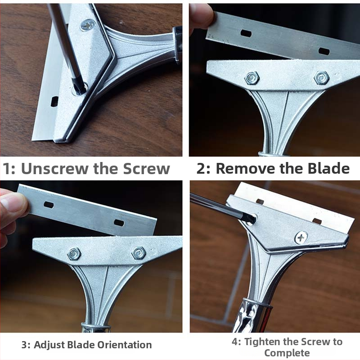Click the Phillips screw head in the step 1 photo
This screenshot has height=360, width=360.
[88, 25]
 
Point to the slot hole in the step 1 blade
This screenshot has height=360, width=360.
[54, 101]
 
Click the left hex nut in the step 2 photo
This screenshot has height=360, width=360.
[252, 77]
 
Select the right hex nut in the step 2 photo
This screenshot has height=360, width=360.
[321, 77]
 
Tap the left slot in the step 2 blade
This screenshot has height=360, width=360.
[246, 34]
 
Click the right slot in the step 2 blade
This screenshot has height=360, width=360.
[324, 51]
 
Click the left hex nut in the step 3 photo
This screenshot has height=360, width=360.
[74, 254]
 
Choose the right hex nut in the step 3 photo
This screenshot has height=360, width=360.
[139, 253]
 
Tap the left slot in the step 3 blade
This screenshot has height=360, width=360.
[49, 205]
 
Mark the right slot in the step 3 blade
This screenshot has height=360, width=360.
[119, 222]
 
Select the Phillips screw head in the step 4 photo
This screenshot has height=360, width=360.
[301, 238]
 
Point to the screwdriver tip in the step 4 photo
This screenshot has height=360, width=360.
[252, 218]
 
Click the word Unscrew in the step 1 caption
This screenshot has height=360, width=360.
[54, 169]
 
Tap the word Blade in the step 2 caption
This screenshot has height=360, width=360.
[328, 168]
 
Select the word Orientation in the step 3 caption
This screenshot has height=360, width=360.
[125, 345]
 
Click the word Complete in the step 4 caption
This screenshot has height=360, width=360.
[287, 353]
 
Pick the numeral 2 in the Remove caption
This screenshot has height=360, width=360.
[201, 168]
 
